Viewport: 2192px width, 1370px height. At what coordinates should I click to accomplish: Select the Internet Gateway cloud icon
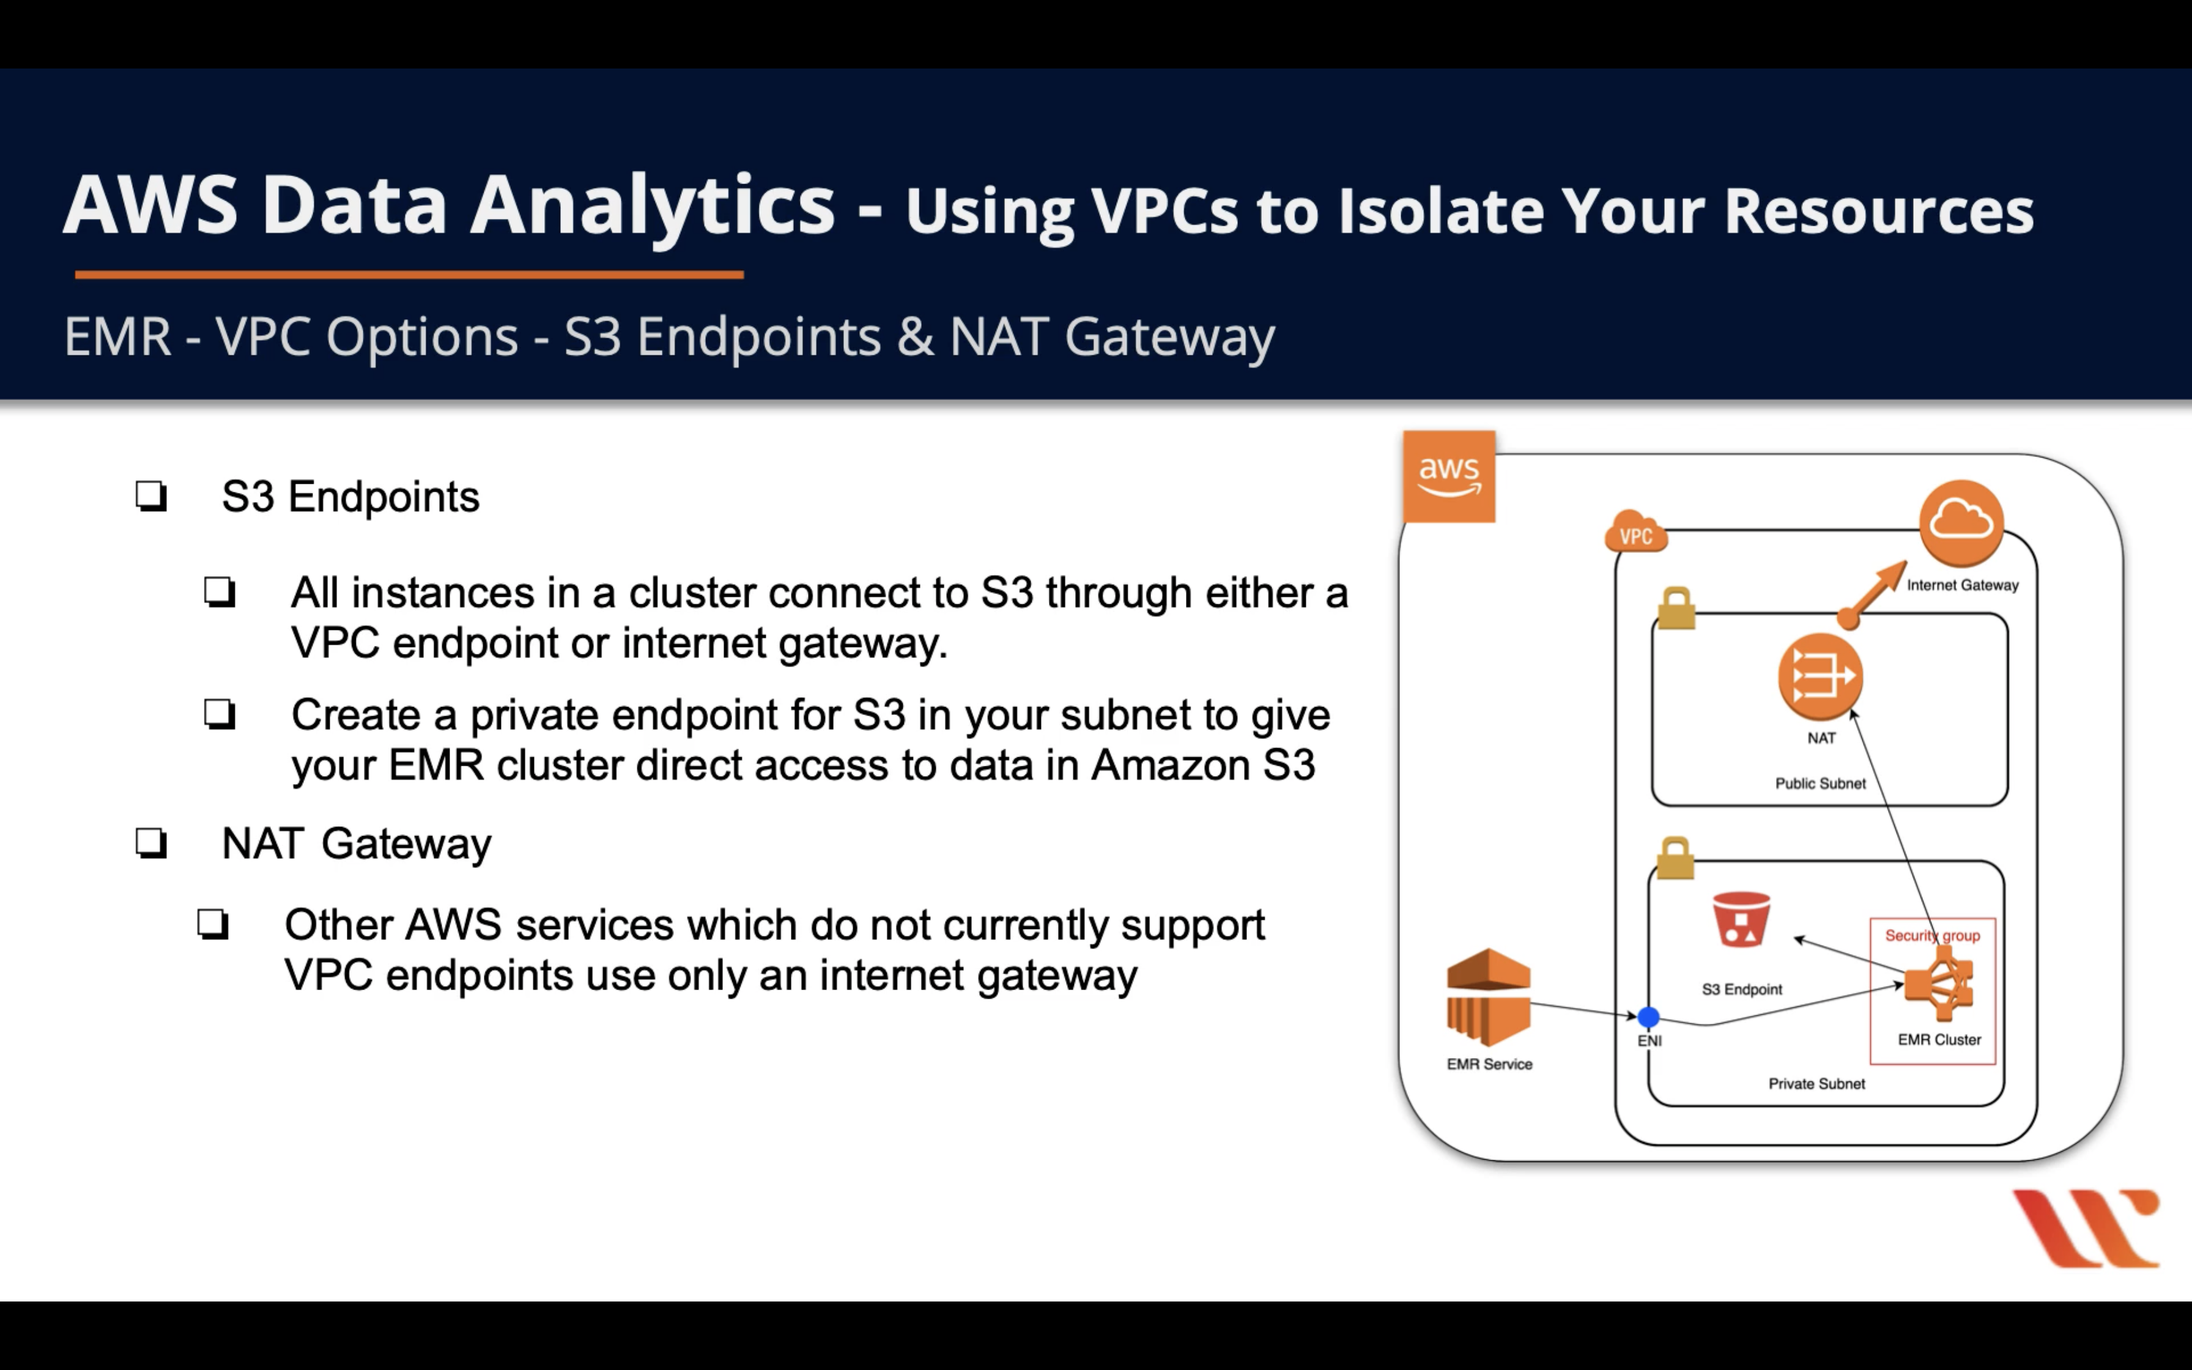coord(1961,523)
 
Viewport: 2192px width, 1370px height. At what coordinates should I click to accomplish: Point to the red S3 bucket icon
coord(1741,920)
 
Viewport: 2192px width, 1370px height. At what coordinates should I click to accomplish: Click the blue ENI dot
coord(1648,1018)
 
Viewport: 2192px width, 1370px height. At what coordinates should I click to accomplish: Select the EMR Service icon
coord(1488,998)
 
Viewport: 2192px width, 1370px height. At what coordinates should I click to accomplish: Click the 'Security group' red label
coord(1932,935)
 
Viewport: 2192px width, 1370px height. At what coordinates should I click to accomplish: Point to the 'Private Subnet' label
coord(1816,1084)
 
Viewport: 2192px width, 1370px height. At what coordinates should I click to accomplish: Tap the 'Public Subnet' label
coord(1820,783)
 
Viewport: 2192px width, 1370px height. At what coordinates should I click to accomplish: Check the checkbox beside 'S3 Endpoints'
coord(151,495)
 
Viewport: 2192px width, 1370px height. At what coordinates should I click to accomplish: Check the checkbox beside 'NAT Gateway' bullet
coord(151,843)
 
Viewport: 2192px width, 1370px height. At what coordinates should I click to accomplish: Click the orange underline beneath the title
coord(409,273)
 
